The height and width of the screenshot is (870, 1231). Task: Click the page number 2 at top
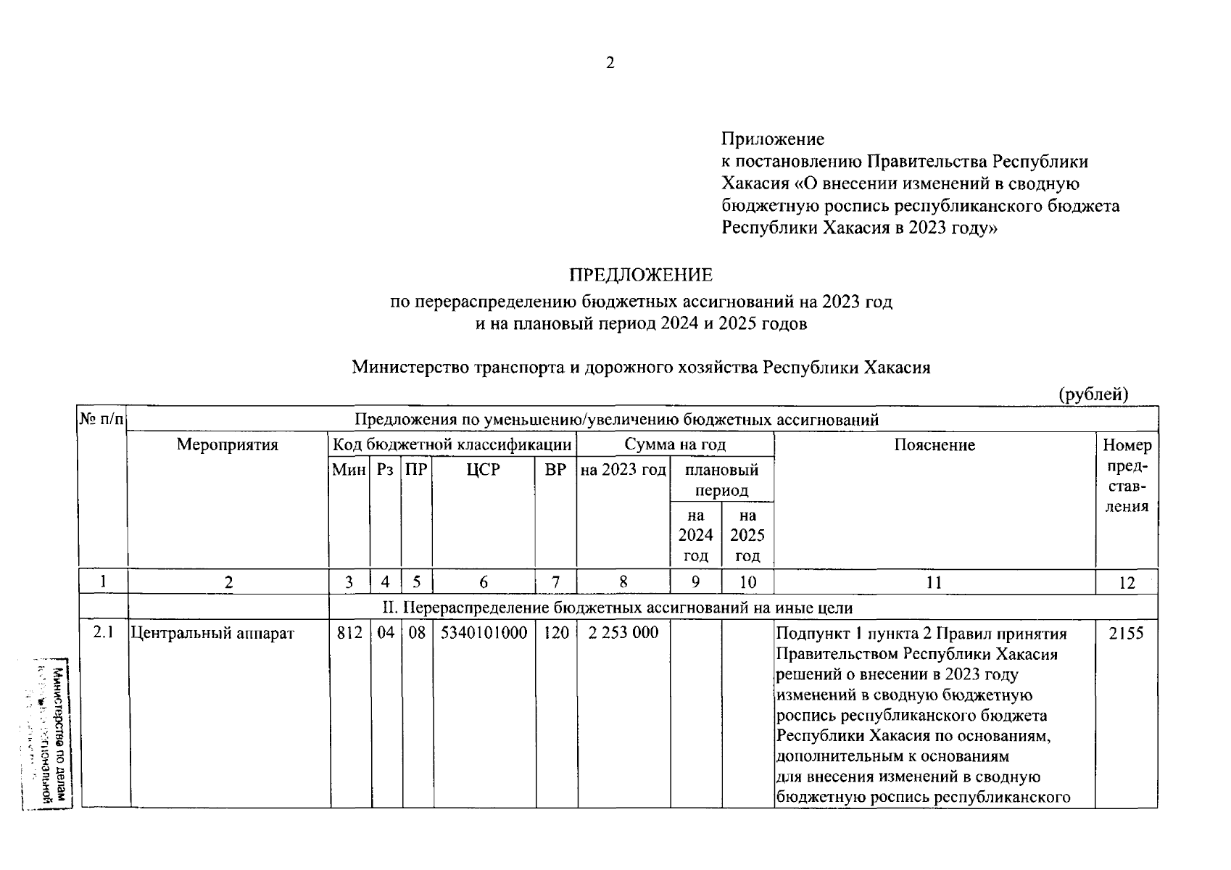610,64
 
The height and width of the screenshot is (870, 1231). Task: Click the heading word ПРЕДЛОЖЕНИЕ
640,275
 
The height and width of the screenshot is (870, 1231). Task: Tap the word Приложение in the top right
773,139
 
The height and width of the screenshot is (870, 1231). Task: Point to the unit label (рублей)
1093,394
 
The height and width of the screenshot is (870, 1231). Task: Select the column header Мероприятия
228,445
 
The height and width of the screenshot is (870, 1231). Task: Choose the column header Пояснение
934,445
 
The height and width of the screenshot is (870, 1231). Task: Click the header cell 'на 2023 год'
623,470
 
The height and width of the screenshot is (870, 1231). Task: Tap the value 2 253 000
623,633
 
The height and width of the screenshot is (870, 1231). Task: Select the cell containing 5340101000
484,633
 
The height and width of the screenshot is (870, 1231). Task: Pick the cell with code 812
349,633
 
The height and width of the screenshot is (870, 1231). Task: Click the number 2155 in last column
1126,634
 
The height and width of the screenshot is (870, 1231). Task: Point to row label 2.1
103,633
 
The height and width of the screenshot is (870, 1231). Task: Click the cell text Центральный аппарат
212,634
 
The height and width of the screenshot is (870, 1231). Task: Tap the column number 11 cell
934,582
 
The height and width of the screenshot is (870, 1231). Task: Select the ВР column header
555,470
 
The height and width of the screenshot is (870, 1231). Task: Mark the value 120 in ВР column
556,633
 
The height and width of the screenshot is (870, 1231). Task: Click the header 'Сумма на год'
675,445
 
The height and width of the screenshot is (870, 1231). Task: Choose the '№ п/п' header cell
101,420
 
